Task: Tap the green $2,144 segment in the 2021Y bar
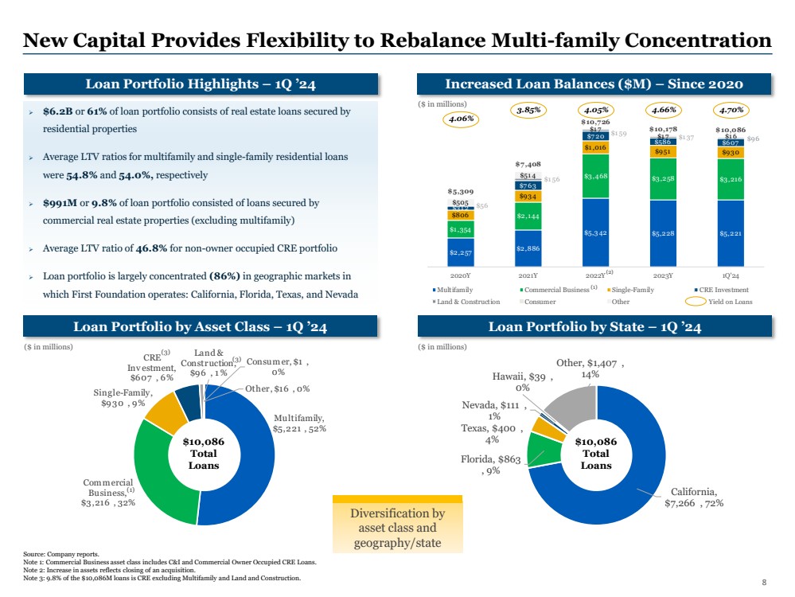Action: point(529,216)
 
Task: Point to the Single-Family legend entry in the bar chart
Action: point(629,290)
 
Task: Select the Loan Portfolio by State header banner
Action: point(596,327)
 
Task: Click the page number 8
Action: point(764,583)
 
